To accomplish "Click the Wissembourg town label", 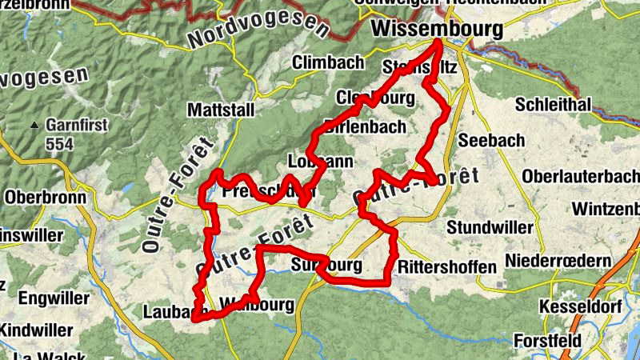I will (438, 30).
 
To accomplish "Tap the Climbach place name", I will (326, 62).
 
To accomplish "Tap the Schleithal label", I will (553, 105).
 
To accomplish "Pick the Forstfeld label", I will (548, 340).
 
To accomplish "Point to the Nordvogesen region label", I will (258, 30).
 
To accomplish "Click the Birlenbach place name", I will (366, 126).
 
